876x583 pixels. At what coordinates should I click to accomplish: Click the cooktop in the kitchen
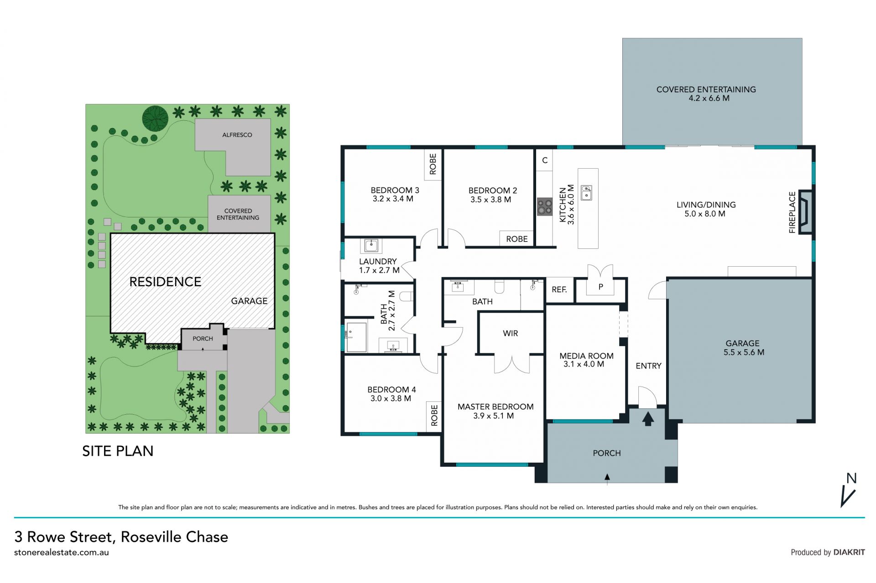544,206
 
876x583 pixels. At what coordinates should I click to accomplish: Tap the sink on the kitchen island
586,193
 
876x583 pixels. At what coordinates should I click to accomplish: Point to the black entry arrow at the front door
647,418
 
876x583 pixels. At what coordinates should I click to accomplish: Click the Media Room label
586,356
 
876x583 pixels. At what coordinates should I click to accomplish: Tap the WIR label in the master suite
510,333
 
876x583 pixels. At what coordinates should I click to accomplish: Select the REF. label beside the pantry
559,289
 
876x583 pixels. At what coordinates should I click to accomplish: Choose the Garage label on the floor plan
742,343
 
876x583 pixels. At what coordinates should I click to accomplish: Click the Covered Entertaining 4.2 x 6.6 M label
706,94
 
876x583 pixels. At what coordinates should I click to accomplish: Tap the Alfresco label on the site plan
237,135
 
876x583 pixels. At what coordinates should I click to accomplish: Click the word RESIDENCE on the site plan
165,282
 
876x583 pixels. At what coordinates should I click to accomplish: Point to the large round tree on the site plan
155,119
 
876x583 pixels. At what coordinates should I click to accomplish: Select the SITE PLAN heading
118,451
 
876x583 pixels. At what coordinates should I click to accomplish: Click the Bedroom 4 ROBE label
434,415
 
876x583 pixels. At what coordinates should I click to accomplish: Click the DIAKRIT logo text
849,552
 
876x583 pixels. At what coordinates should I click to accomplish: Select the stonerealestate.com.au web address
62,552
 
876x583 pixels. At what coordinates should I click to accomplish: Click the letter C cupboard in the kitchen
544,160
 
